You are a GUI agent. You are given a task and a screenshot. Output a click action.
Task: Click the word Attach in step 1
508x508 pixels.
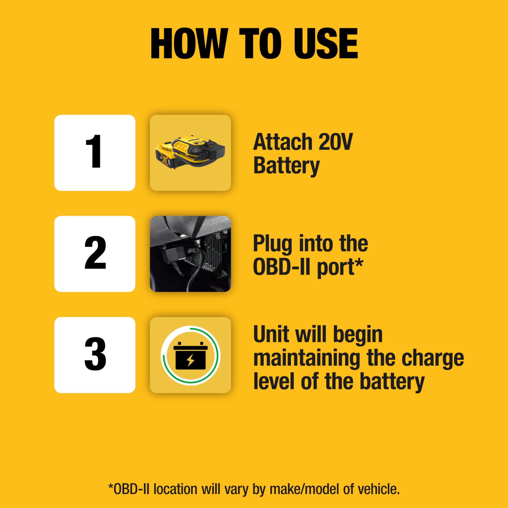pyautogui.click(x=282, y=142)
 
